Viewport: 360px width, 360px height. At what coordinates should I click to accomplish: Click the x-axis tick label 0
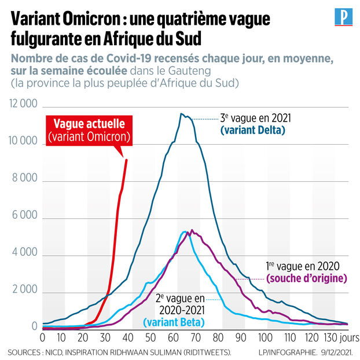(x=42, y=337)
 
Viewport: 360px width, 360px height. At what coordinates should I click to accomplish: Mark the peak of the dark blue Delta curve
(x=181, y=114)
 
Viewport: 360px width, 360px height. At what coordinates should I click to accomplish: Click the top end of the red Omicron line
(x=126, y=159)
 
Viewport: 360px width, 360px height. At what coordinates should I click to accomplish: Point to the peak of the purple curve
(x=192, y=230)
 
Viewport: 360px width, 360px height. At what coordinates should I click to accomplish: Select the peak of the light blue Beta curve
(x=185, y=232)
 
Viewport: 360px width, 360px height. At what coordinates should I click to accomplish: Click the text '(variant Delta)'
(x=253, y=130)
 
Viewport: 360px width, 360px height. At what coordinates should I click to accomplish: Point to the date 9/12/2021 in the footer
(x=335, y=351)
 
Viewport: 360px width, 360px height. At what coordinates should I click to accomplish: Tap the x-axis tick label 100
(x=265, y=337)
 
